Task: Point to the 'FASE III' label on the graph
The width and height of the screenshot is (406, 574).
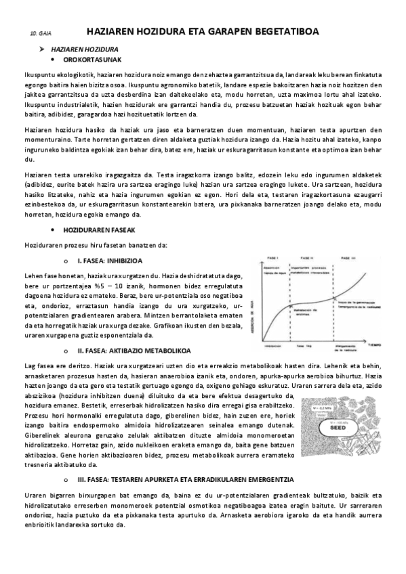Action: pyautogui.click(x=348, y=259)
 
